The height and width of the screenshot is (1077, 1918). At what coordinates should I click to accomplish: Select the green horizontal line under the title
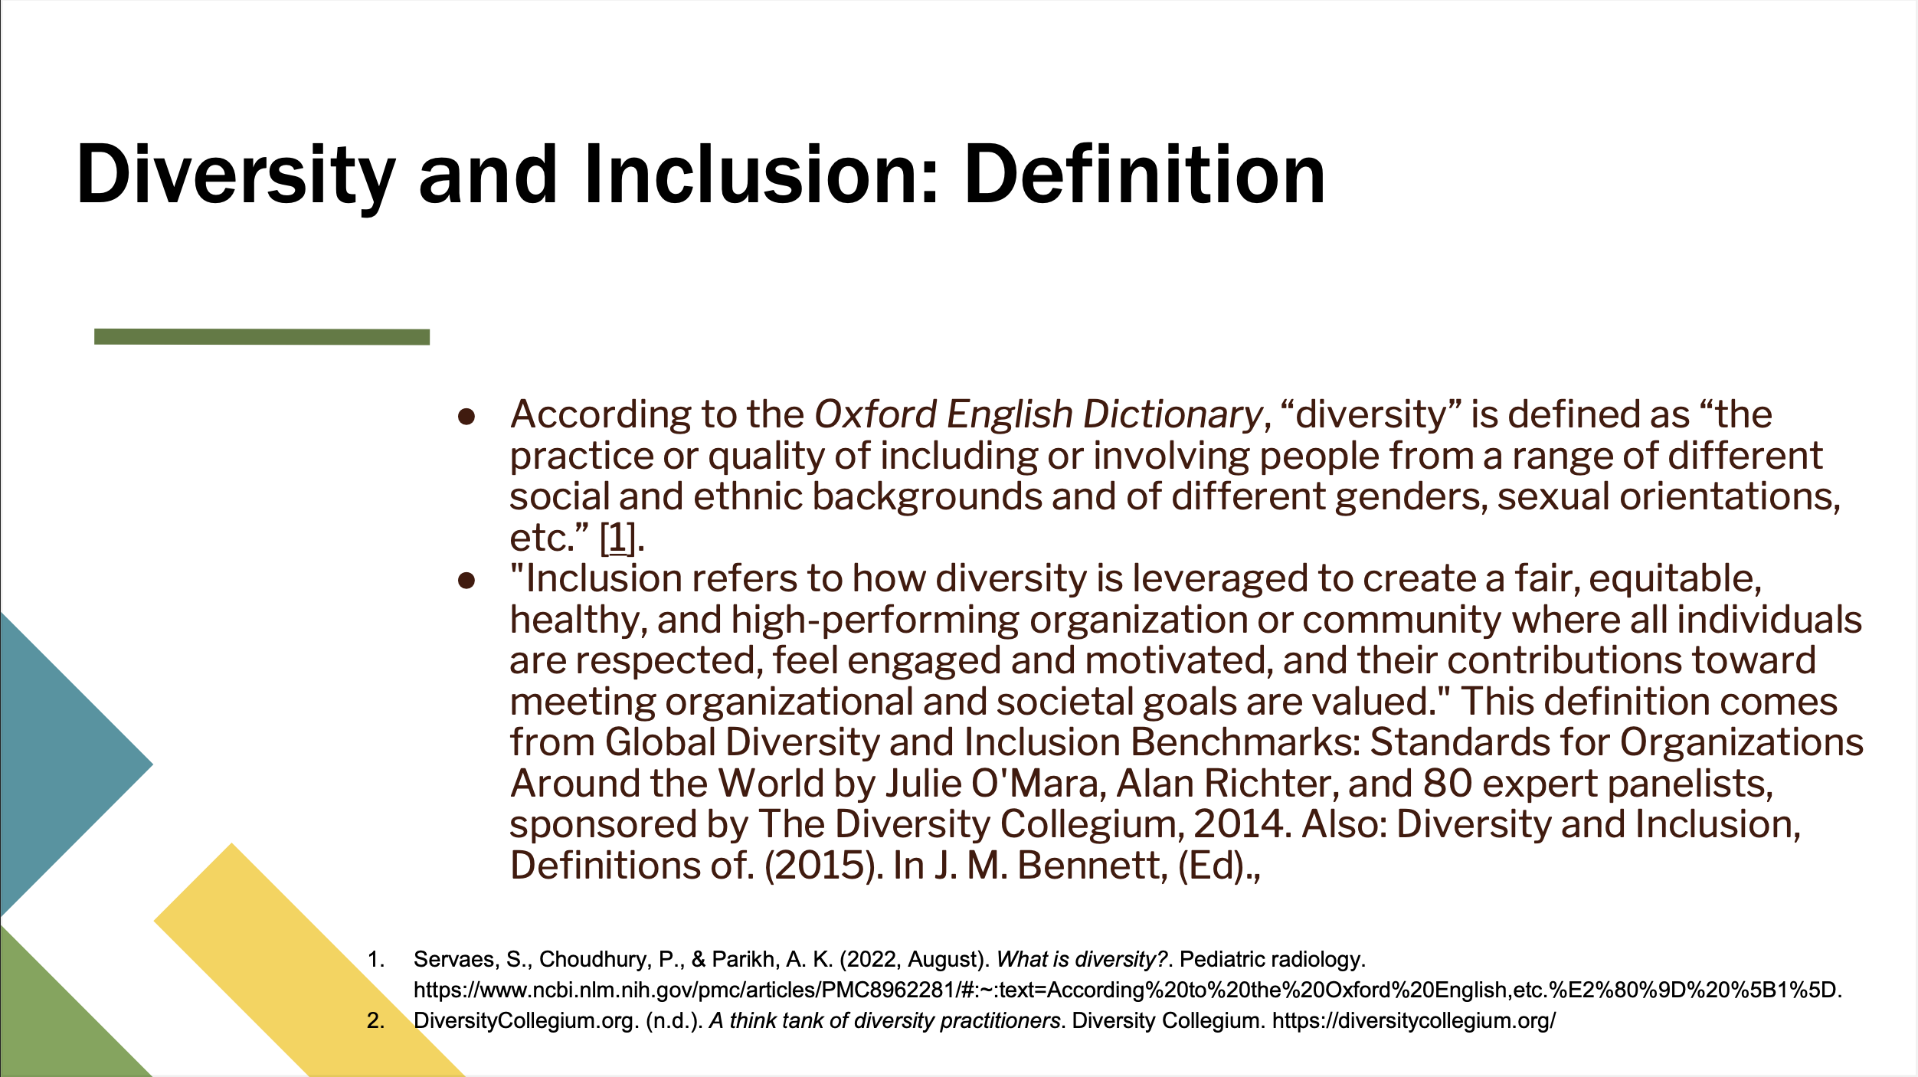[262, 336]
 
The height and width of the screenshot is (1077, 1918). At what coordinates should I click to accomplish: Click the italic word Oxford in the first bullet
[876, 414]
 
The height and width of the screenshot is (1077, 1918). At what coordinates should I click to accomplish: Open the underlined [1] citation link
[618, 538]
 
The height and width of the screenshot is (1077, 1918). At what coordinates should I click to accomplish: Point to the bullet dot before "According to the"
[466, 417]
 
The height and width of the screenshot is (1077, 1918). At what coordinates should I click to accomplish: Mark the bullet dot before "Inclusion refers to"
[466, 581]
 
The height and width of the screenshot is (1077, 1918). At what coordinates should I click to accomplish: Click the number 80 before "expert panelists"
[1448, 784]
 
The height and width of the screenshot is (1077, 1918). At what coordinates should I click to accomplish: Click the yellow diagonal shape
[309, 961]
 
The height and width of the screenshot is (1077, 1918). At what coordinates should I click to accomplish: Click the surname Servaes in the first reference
[454, 960]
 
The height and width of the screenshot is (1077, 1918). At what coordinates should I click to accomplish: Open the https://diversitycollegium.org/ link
[1414, 1021]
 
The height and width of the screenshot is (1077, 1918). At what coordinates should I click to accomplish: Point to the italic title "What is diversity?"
[1082, 960]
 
